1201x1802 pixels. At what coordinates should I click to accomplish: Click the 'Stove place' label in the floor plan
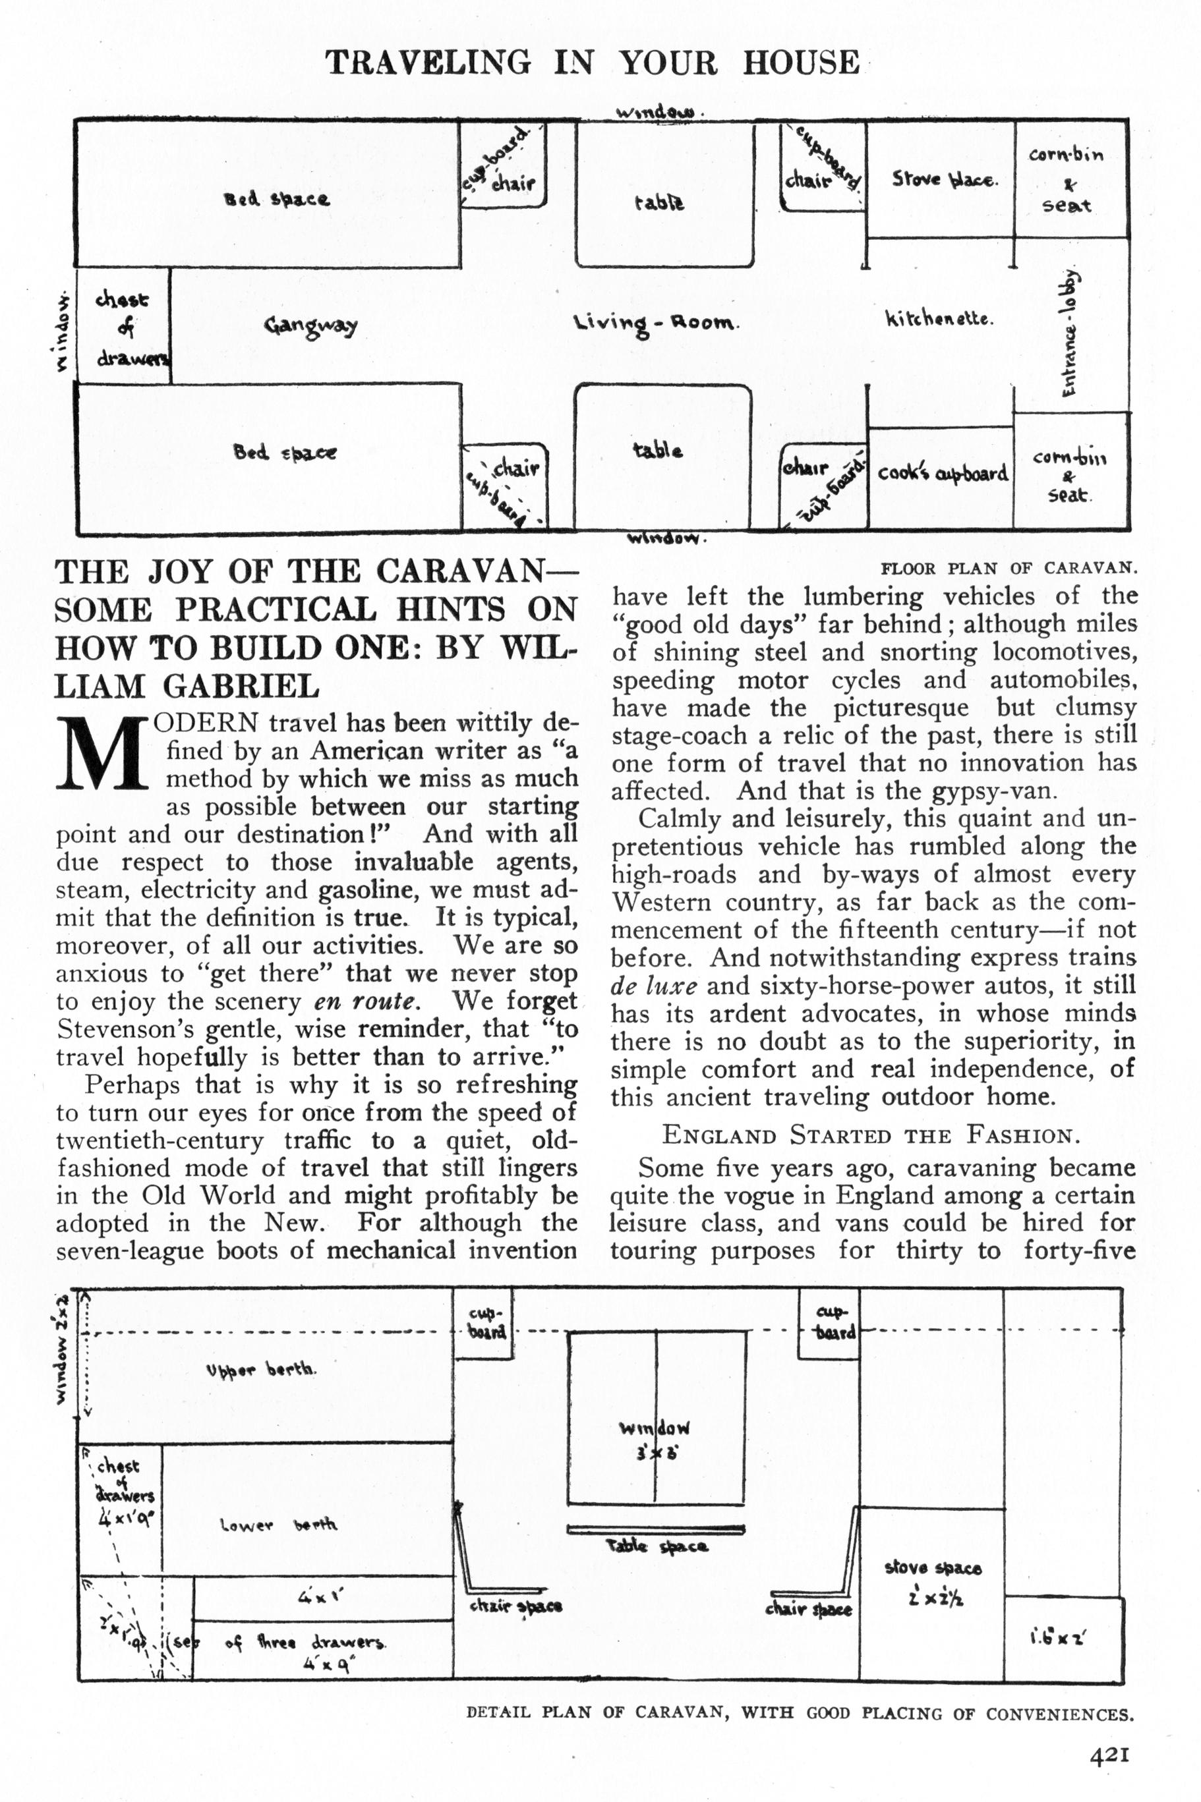click(944, 181)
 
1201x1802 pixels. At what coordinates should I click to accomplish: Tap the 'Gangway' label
click(311, 326)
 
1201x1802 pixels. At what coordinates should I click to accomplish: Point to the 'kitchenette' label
click(939, 318)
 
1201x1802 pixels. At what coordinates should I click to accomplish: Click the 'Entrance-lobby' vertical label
click(1070, 333)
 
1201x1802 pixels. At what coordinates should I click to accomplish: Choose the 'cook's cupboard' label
click(942, 473)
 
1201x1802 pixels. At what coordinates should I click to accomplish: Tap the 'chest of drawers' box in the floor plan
click(123, 327)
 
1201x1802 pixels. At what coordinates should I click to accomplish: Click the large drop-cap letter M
click(102, 754)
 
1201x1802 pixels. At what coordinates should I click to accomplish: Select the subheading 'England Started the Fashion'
click(870, 1135)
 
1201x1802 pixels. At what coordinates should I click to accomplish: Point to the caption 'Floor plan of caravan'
click(1008, 568)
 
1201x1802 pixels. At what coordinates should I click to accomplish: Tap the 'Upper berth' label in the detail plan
click(261, 1370)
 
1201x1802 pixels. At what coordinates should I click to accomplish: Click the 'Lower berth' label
click(278, 1526)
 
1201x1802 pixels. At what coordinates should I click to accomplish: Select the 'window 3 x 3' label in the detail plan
click(655, 1439)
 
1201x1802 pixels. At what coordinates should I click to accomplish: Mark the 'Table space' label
click(657, 1546)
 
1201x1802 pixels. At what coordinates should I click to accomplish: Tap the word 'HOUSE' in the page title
click(800, 62)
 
